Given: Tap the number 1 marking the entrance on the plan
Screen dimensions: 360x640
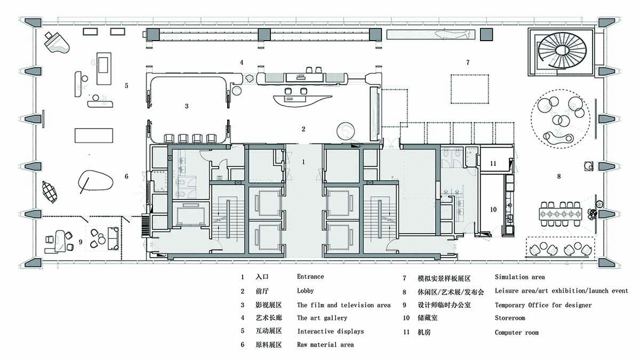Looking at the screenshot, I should [303, 161].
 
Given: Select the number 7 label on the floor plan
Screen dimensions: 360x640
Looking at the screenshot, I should [468, 63].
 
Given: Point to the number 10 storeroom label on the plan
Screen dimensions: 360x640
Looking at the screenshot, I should [493, 210].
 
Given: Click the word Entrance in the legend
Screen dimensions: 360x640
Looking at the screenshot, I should [310, 277].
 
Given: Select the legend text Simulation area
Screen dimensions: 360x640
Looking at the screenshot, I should [519, 277].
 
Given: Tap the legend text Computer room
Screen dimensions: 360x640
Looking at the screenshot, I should [516, 333].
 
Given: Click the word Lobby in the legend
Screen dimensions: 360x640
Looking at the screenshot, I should [306, 291].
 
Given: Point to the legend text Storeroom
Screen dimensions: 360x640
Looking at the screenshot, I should [510, 318].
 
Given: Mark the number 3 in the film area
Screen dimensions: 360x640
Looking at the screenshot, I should [187, 106].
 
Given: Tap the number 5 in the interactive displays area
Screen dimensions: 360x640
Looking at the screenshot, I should [126, 85].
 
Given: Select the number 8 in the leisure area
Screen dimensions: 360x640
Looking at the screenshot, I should [559, 175].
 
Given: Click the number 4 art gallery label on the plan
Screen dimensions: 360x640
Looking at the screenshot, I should [242, 62].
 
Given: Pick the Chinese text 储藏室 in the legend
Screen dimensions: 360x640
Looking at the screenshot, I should [428, 319].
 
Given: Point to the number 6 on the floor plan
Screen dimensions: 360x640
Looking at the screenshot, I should [126, 177].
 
